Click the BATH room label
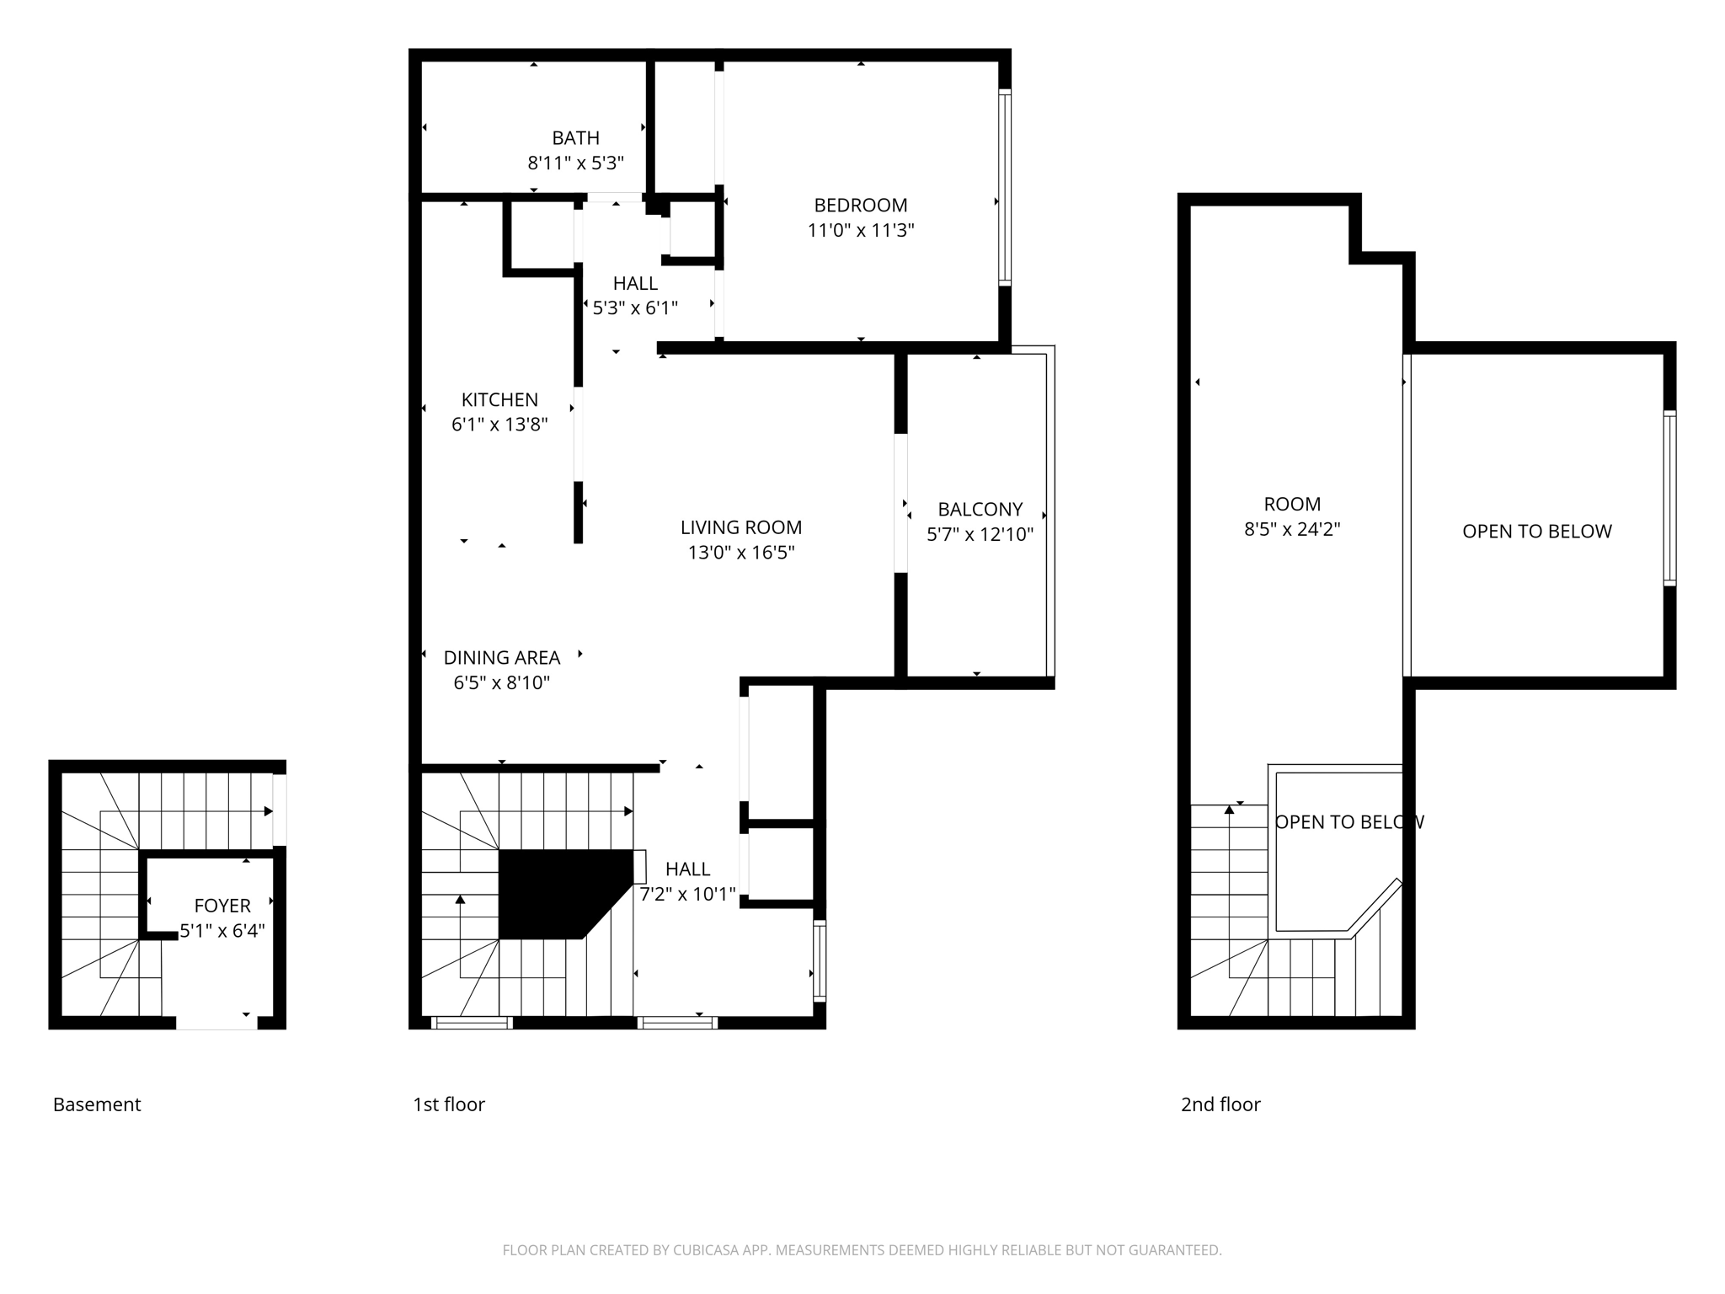click(575, 138)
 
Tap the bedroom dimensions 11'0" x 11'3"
click(860, 231)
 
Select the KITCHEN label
click(499, 400)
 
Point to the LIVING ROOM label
click(741, 527)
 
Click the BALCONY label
click(980, 510)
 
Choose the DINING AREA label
click(502, 658)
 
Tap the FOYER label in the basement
click(222, 906)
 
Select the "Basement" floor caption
click(97, 1104)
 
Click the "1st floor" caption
click(449, 1104)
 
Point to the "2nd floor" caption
click(1220, 1104)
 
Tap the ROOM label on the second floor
click(1292, 505)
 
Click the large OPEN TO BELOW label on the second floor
click(1536, 532)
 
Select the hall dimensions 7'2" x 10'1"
click(687, 895)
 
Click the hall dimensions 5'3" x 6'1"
click(635, 308)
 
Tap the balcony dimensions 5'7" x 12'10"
click(980, 535)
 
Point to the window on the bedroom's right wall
click(1004, 187)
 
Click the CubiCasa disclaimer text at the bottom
click(862, 1250)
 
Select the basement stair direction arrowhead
click(268, 811)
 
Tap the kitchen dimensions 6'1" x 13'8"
click(499, 425)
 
